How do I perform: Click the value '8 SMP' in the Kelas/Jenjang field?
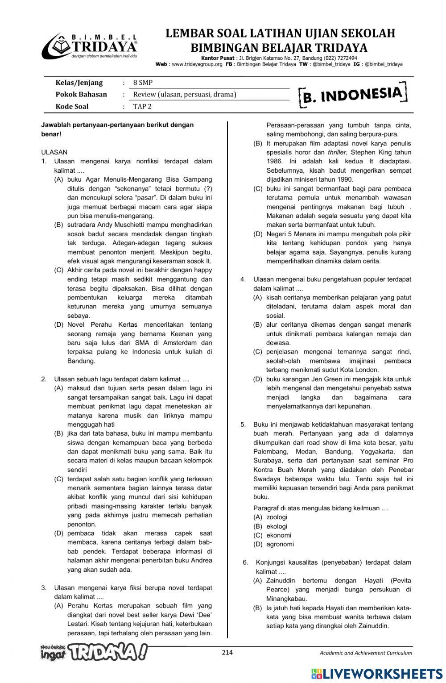coord(143,83)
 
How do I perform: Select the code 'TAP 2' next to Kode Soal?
coord(142,106)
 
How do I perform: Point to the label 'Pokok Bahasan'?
coord(81,94)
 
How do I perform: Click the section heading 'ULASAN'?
coord(54,152)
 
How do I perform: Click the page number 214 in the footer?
coord(227,653)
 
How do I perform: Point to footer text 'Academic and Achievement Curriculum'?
coord(366,653)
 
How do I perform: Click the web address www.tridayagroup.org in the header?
coord(197,64)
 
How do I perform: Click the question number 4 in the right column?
coord(243,279)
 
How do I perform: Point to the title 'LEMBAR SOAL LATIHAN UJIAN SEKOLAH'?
coord(280,33)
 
